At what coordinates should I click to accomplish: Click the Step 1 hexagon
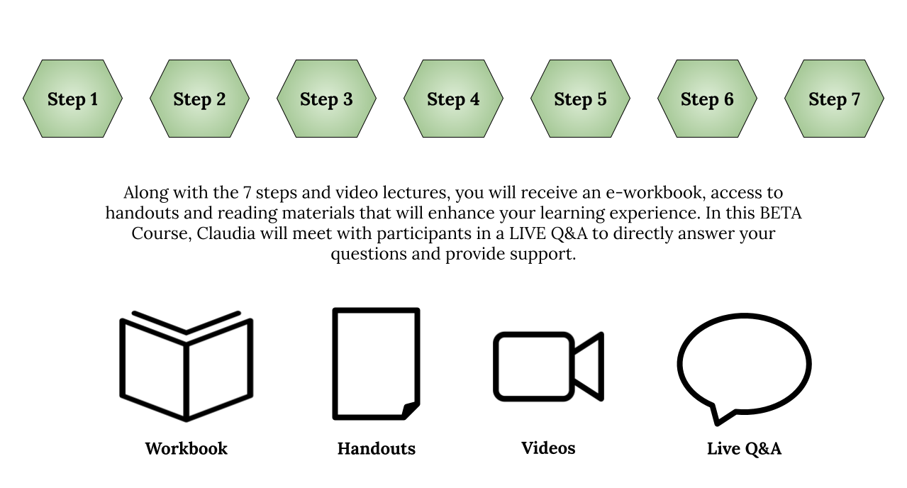pyautogui.click(x=72, y=99)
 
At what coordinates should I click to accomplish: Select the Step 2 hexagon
pyautogui.click(x=199, y=99)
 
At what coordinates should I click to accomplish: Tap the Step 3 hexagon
pyautogui.click(x=326, y=99)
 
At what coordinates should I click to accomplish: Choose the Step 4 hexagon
pyautogui.click(x=454, y=99)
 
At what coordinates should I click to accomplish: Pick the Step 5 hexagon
pyautogui.click(x=580, y=99)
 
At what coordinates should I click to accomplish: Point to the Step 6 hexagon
pyautogui.click(x=708, y=99)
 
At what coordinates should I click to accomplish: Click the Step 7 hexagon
pyautogui.click(x=834, y=99)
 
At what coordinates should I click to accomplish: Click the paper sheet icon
pyautogui.click(x=333, y=364)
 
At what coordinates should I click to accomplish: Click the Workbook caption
pyautogui.click(x=187, y=449)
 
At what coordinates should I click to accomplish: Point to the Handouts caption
pyautogui.click(x=377, y=449)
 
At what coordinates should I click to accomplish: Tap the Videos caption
pyautogui.click(x=548, y=448)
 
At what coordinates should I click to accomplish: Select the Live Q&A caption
pyautogui.click(x=744, y=449)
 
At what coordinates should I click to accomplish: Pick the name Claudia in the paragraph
pyautogui.click(x=226, y=233)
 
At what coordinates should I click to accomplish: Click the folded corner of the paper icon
pyautogui.click(x=411, y=410)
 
